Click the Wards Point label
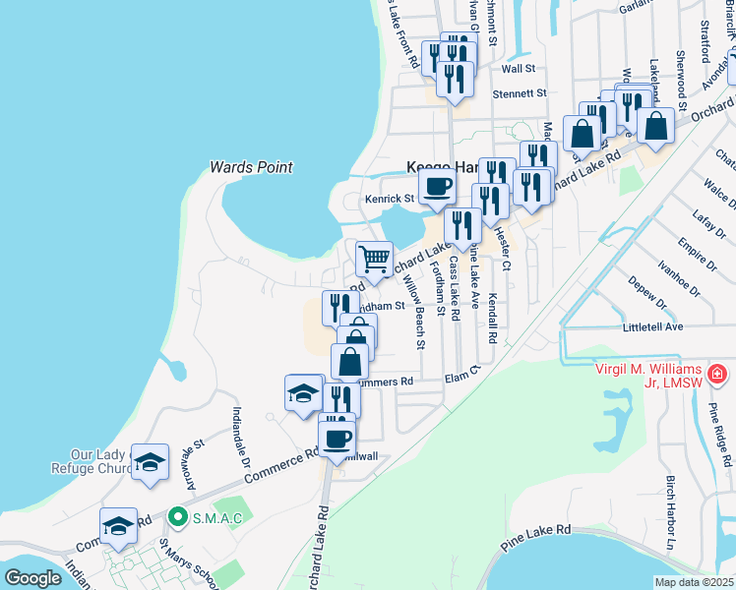252,167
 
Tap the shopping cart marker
373,260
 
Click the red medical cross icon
716,375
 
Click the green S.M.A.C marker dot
177,514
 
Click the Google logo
32,578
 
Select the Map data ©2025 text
695,582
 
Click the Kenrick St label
390,198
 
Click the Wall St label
518,69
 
